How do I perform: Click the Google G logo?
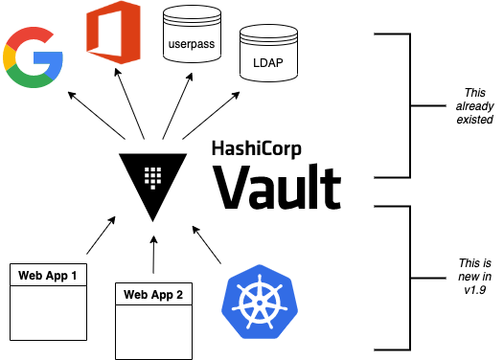point(34,58)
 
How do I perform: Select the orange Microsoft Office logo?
point(113,31)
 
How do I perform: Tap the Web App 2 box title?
point(153,294)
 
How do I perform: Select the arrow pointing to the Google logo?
point(97,115)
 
